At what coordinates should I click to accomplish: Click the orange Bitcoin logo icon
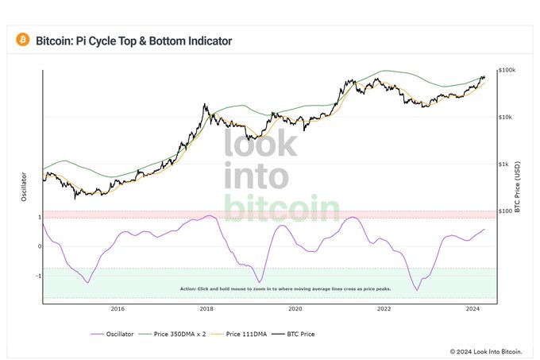[x=22, y=40]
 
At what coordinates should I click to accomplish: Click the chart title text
[x=134, y=40]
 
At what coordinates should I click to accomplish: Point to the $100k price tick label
[x=507, y=70]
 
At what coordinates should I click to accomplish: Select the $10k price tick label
[x=505, y=117]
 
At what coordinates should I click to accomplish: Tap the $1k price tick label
[x=503, y=164]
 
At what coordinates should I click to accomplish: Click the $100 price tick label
[x=505, y=211]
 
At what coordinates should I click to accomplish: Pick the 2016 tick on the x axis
[x=118, y=308]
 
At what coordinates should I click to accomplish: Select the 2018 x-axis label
[x=206, y=308]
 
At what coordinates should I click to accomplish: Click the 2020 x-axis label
[x=295, y=308]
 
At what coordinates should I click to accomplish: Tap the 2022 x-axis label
[x=384, y=308]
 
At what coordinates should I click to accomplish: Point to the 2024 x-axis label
[x=473, y=308]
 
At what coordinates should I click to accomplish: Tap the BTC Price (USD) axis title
[x=517, y=184]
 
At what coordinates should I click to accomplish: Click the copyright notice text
[x=486, y=350]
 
